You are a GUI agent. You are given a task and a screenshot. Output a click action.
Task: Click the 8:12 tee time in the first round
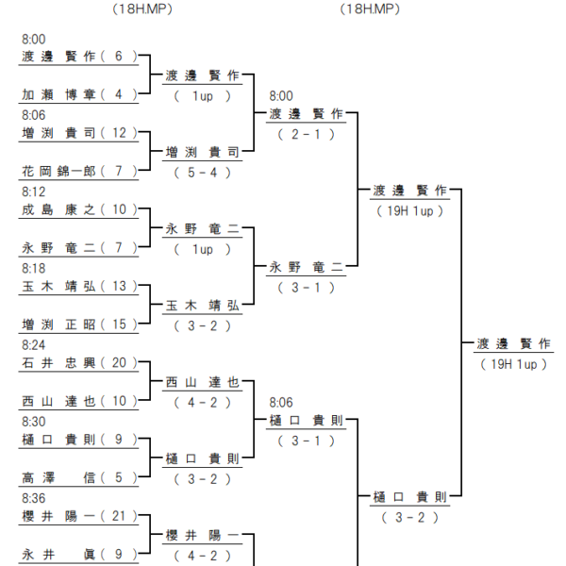pyautogui.click(x=34, y=191)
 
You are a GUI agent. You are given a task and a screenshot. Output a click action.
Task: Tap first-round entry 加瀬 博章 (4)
pyautogui.click(x=79, y=94)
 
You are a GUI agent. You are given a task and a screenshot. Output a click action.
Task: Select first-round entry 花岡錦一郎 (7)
pyautogui.click(x=79, y=171)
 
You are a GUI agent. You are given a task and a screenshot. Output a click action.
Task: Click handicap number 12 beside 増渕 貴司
pyautogui.click(x=120, y=133)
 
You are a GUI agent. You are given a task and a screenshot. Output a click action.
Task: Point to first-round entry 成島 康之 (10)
pyautogui.click(x=79, y=209)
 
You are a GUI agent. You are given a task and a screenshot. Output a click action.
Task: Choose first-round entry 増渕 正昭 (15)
pyautogui.click(x=79, y=325)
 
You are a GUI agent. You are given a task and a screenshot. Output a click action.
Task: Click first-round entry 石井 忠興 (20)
pyautogui.click(x=79, y=362)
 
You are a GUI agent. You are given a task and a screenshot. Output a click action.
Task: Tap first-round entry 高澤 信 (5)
pyautogui.click(x=79, y=477)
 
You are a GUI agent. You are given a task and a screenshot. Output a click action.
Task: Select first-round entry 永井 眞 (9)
pyautogui.click(x=79, y=554)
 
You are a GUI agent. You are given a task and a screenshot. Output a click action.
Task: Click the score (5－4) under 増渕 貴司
pyautogui.click(x=202, y=173)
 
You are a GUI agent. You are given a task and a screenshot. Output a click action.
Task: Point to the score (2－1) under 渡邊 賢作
pyautogui.click(x=306, y=134)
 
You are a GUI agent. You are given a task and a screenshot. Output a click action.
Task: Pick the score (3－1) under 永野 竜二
pyautogui.click(x=306, y=288)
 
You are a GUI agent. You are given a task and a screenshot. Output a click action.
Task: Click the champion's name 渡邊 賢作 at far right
pyautogui.click(x=514, y=343)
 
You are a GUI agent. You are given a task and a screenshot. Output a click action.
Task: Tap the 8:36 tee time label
pyautogui.click(x=34, y=498)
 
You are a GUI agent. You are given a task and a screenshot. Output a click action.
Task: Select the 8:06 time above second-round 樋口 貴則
pyautogui.click(x=281, y=403)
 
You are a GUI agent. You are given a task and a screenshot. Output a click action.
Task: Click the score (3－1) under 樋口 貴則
pyautogui.click(x=306, y=441)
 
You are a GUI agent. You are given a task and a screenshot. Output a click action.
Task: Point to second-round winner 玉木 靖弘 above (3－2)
pyautogui.click(x=202, y=306)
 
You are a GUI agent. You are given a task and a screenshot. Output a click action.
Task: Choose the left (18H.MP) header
pyautogui.click(x=142, y=9)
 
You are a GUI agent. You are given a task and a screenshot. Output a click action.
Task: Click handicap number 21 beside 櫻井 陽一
pyautogui.click(x=119, y=516)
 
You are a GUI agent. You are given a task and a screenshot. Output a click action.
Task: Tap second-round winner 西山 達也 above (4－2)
pyautogui.click(x=202, y=382)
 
